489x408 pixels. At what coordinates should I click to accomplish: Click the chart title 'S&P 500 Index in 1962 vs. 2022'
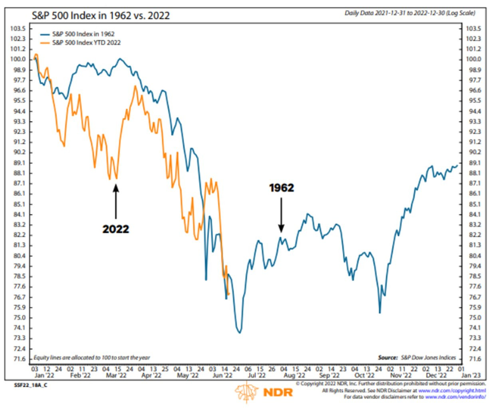click(101, 16)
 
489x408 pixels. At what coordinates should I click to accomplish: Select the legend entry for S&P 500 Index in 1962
click(83, 34)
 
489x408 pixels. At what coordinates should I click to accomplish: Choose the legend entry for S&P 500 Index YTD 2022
click(86, 42)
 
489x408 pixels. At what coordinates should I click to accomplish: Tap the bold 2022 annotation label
click(116, 229)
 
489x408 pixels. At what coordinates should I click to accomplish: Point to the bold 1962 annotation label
click(281, 188)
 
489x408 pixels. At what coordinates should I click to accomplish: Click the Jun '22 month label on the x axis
click(222, 376)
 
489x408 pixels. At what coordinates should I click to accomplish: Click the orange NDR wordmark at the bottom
click(278, 392)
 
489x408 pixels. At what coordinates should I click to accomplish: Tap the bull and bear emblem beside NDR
click(246, 392)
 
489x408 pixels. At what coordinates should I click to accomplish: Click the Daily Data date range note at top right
click(410, 13)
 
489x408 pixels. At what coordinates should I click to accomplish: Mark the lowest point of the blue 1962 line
click(240, 332)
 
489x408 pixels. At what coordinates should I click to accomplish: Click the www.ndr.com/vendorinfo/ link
click(455, 397)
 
